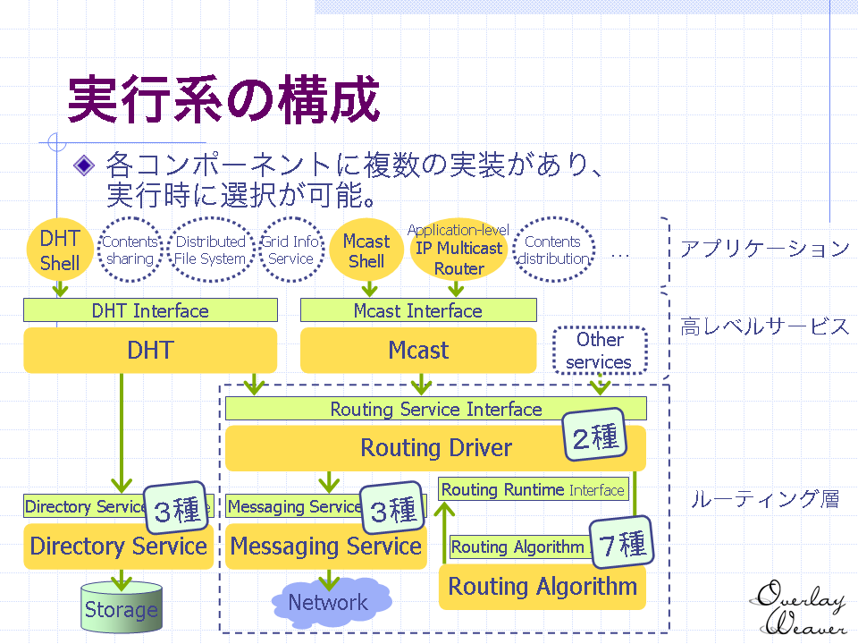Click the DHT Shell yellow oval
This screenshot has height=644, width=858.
click(60, 250)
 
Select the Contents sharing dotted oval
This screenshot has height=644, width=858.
click(130, 250)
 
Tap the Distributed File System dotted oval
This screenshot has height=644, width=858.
click(210, 250)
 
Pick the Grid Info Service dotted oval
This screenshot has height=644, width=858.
click(290, 250)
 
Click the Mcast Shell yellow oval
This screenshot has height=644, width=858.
click(366, 250)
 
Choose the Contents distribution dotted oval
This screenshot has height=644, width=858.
click(553, 250)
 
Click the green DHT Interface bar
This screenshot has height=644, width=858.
click(150, 310)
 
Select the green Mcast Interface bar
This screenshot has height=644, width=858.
click(418, 310)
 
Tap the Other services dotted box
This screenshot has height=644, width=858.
click(599, 351)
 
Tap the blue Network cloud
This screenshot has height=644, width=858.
click(329, 602)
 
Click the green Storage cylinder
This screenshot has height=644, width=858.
click(121, 610)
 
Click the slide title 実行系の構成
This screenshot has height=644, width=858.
click(223, 98)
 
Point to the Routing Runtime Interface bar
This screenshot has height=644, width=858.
click(534, 489)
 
